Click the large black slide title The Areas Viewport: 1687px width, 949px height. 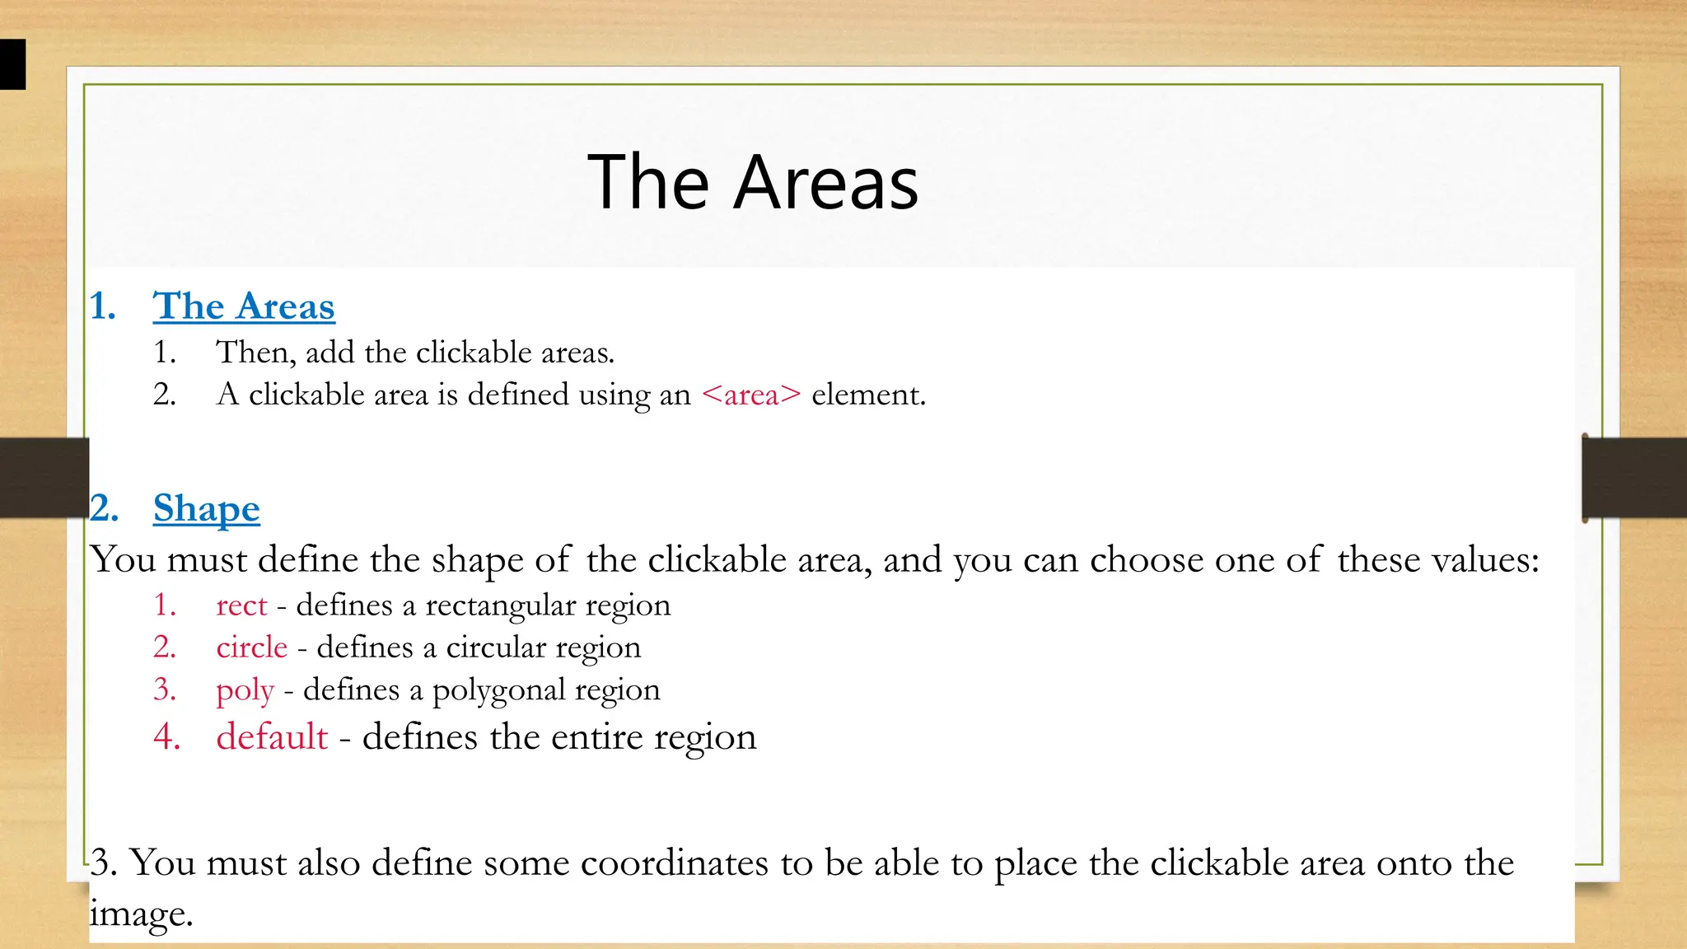[x=753, y=183]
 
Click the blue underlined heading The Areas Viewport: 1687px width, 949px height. [x=244, y=306]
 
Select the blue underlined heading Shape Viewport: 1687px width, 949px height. [x=206, y=508]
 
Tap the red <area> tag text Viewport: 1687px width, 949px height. [x=750, y=395]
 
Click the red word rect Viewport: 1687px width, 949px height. [x=241, y=605]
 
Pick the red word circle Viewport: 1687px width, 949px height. [x=251, y=647]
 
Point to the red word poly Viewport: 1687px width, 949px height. [x=245, y=690]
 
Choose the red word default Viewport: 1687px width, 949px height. [x=272, y=736]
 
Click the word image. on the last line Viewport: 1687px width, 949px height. [x=141, y=914]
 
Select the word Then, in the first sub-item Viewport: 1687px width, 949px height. [x=255, y=353]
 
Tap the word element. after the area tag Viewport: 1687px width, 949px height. [x=868, y=395]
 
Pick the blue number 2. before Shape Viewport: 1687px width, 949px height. [x=105, y=508]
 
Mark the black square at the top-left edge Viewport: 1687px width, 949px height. [x=12, y=64]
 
